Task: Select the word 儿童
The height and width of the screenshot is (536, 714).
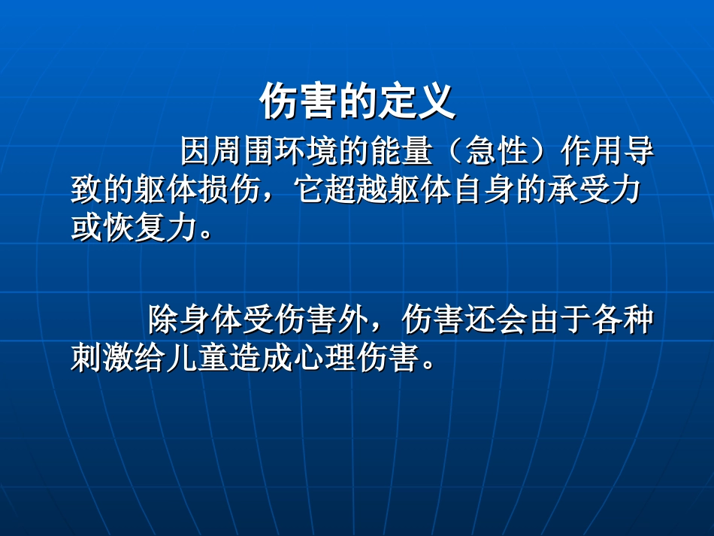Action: pos(197,358)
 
